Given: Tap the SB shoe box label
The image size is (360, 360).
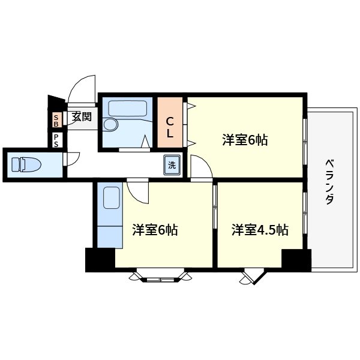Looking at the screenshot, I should click(56, 121).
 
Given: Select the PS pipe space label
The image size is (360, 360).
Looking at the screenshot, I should click(56, 140).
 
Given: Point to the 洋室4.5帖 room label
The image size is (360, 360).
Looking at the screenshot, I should click(260, 230).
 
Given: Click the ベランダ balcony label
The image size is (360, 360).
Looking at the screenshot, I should click(329, 182).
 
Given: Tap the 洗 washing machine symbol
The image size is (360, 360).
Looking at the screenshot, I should click(172, 165).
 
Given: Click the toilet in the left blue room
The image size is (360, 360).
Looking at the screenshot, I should click(25, 164).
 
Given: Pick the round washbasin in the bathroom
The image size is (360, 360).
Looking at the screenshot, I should click(110, 125).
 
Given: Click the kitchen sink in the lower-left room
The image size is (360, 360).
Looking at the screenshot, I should click(110, 197).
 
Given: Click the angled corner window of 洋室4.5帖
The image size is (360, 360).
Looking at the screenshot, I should click(250, 277).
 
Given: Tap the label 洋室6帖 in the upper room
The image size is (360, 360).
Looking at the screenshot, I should click(244, 140).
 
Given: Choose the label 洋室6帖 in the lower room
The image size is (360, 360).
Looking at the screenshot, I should click(155, 230).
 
